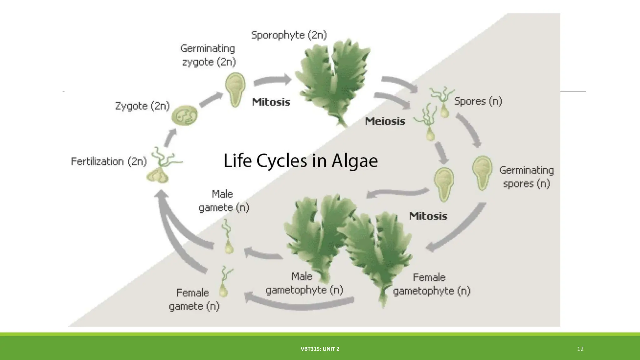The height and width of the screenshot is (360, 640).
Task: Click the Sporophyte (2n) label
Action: coord(289,35)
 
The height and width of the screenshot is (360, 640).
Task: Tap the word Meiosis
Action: coord(385,121)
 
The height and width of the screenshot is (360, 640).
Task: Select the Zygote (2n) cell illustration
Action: coord(185,115)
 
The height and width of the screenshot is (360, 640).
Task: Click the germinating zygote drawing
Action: coord(235,89)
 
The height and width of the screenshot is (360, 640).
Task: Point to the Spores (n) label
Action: coord(478,101)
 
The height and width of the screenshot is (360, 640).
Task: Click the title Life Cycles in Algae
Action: coord(301,161)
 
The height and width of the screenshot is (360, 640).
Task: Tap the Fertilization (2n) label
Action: coord(109,162)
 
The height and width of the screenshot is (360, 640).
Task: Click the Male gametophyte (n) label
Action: coord(304,283)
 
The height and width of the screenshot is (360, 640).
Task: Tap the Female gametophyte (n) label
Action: coord(431,284)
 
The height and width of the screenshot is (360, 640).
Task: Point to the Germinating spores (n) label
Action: coord(526,177)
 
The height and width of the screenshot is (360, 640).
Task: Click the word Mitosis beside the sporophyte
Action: coord(271,102)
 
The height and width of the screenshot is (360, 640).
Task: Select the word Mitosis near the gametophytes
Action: coord(428,216)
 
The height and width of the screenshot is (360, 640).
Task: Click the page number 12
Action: coord(580,349)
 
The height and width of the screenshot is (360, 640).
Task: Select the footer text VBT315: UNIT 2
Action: coord(320,349)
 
